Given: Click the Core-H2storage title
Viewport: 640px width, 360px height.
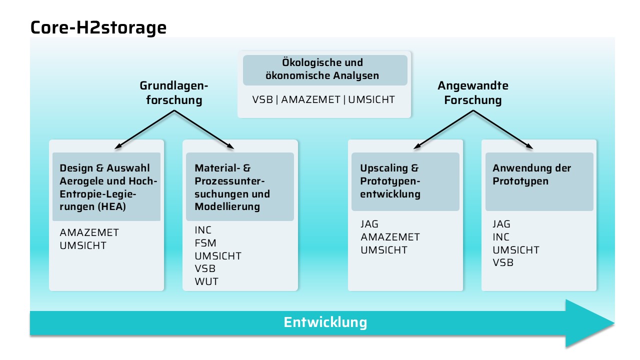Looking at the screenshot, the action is (98, 28).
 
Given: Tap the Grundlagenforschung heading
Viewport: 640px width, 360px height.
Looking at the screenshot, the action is (174, 93).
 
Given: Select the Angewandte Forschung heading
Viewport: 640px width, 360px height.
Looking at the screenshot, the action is (473, 93).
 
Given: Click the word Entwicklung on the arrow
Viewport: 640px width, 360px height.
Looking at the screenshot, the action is (325, 322).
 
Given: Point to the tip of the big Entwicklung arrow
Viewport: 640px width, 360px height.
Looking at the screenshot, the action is (614, 323).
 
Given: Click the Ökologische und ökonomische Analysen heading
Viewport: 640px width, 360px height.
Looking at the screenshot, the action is (322, 69).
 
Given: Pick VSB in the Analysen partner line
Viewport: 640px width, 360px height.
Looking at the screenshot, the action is (262, 99).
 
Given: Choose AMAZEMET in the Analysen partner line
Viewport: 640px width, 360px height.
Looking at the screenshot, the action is (311, 99).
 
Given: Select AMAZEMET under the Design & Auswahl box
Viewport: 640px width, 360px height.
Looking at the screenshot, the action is (89, 232).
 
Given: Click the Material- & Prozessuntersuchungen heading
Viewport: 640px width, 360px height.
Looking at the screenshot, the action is (232, 187).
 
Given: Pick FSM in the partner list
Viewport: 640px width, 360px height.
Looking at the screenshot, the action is (205, 243).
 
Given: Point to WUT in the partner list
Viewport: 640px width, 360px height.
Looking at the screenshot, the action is (206, 281).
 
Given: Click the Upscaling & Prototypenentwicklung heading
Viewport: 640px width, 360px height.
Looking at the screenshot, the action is (390, 181).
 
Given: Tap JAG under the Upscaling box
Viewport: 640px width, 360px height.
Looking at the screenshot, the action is (369, 224).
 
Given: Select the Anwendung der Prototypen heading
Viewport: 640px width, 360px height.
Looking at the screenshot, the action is (531, 174).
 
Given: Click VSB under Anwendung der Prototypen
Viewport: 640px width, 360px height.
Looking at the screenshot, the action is (503, 262).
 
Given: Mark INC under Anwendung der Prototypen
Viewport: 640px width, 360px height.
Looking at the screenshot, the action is (501, 237).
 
